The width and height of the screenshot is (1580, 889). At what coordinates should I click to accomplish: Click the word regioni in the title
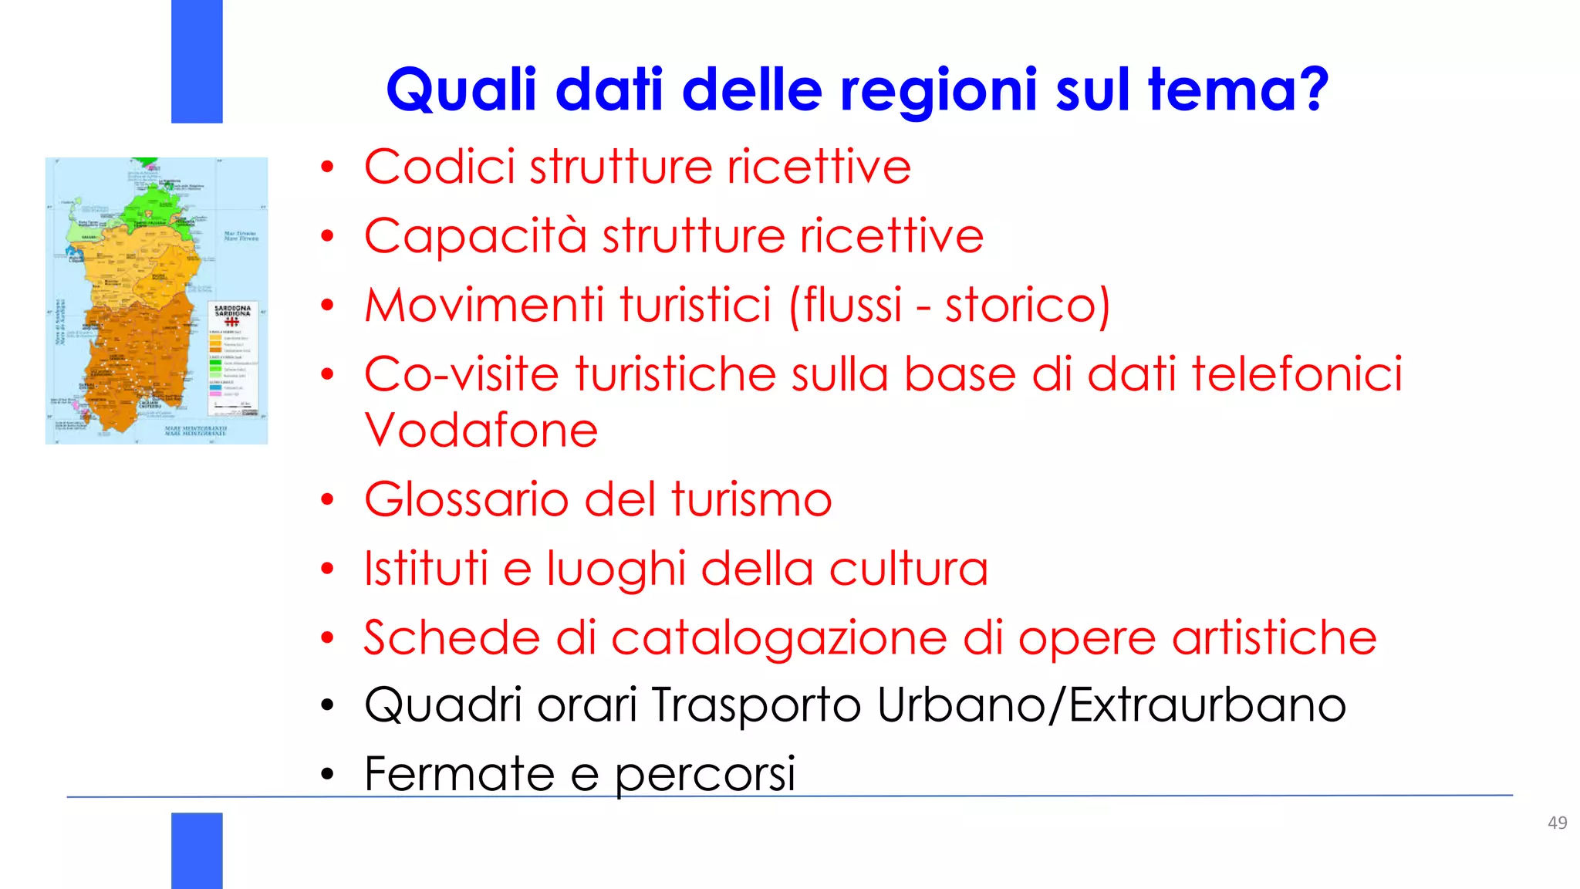(x=938, y=91)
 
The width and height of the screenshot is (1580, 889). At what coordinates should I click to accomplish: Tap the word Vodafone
(x=481, y=431)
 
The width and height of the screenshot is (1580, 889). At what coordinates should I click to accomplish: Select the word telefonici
(x=1296, y=375)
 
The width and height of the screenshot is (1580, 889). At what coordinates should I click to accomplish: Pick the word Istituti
(x=426, y=570)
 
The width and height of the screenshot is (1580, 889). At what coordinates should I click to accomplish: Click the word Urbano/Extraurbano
(x=1111, y=705)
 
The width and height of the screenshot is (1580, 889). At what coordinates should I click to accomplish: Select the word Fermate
(x=459, y=774)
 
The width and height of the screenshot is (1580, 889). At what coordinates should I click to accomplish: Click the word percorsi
(x=704, y=776)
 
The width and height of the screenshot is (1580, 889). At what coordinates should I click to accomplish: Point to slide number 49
(x=1557, y=823)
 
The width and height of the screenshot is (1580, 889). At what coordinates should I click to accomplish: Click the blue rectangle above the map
(x=197, y=61)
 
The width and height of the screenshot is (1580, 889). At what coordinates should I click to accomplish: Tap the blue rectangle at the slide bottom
(x=197, y=850)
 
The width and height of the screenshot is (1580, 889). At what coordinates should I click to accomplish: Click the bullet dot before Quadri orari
(x=328, y=705)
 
